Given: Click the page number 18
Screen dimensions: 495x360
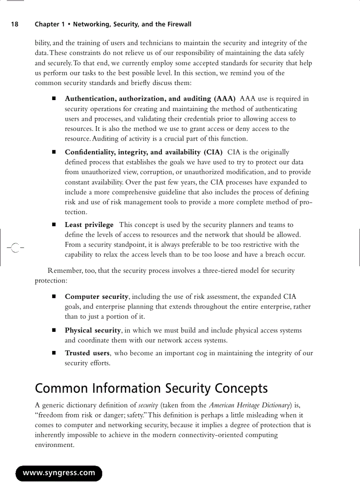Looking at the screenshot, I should [15, 24].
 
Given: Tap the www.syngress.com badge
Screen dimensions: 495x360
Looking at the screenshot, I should [59, 473].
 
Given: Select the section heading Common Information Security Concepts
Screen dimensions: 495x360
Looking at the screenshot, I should [151, 388].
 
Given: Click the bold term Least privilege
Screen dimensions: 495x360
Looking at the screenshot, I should [89, 225].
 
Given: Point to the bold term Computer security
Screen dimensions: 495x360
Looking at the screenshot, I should [96, 297].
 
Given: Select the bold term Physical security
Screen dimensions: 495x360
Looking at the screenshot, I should [93, 330].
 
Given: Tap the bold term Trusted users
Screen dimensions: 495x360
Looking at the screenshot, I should [87, 353].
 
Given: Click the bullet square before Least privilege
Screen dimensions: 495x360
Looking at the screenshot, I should [54, 225].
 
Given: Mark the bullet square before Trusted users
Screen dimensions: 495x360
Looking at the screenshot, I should [54, 354].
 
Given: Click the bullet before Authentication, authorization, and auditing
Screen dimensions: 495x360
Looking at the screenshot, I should [54, 99].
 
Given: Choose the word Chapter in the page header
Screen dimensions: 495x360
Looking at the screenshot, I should [47, 24].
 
